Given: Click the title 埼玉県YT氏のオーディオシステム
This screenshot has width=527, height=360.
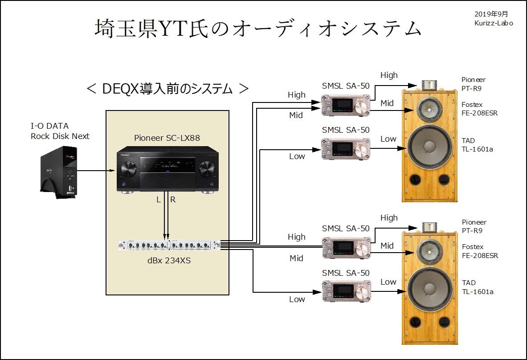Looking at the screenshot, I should (258, 29).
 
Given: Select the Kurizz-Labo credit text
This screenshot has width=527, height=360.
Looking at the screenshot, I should (493, 23).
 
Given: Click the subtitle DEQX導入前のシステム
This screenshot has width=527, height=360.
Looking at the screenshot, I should (167, 88).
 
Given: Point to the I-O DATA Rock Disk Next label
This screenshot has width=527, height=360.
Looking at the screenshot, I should (60, 131).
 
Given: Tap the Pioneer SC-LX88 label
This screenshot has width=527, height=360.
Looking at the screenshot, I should (167, 138).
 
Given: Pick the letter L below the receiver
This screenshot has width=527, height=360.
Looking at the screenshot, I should (159, 200).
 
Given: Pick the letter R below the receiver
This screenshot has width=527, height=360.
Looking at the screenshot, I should (173, 200).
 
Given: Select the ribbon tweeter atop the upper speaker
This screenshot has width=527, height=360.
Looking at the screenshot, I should (429, 85).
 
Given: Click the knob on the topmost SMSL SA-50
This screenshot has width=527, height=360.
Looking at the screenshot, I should (362, 107).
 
